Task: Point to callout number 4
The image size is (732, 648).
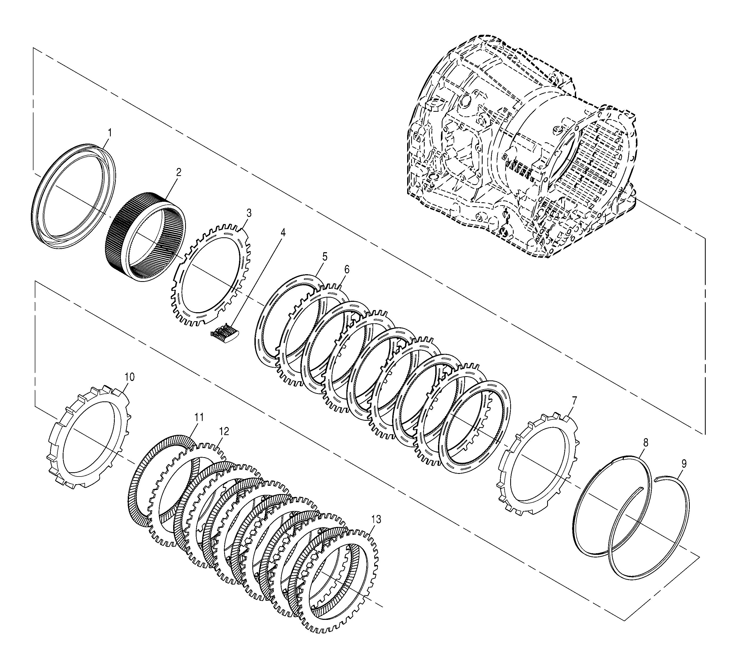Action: (283, 233)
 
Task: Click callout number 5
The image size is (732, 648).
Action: (325, 256)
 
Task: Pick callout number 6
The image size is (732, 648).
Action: (347, 270)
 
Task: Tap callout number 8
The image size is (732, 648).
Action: (645, 443)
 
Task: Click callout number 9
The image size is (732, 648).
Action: (684, 464)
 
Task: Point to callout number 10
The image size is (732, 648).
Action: (130, 377)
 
